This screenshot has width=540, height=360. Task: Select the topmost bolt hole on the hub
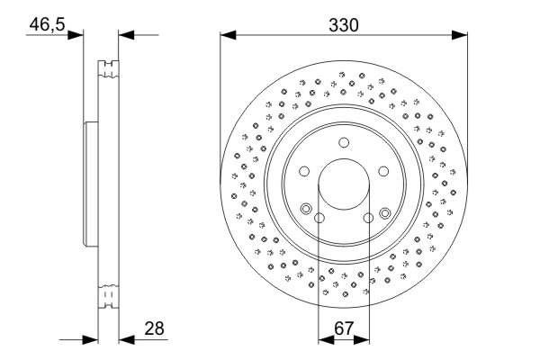344,142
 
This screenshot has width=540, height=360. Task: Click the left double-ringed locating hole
306,211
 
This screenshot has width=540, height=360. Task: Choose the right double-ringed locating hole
384,212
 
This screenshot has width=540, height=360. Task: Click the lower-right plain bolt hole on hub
368,217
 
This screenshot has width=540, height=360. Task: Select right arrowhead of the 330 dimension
461,36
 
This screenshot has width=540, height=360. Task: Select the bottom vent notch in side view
108,294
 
